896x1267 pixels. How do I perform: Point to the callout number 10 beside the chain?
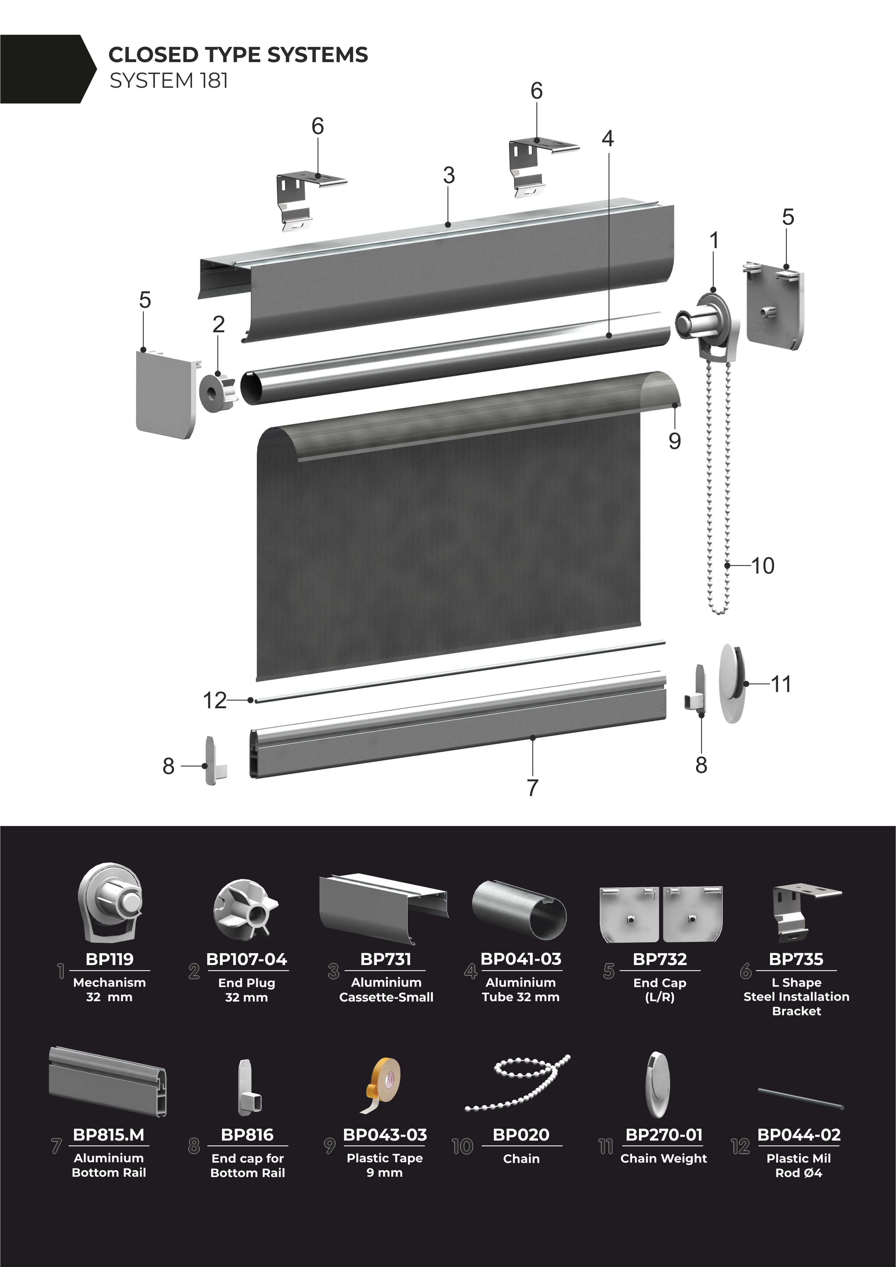[763, 566]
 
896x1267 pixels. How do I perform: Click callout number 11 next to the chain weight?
[781, 684]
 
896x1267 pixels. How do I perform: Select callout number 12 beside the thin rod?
[215, 701]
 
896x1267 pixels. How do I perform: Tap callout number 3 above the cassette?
[449, 176]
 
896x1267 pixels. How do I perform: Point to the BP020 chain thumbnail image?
[518, 1083]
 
